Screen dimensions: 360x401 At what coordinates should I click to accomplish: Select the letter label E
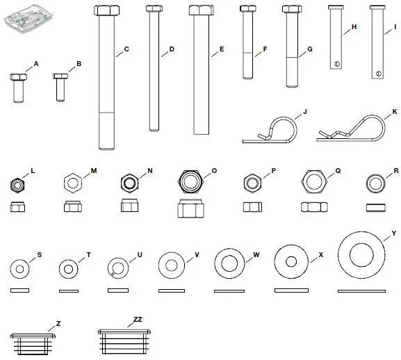221,49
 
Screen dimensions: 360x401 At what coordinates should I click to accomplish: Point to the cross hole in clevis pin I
379,74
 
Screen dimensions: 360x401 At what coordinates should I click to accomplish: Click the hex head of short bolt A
19,76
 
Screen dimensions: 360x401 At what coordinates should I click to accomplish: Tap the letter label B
79,63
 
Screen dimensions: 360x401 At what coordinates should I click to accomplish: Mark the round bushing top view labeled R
377,183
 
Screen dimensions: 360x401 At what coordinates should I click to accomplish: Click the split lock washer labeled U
118,268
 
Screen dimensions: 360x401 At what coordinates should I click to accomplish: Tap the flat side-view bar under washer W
231,291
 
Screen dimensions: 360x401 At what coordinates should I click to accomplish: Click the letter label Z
58,323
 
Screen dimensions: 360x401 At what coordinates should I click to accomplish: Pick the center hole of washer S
19,268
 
